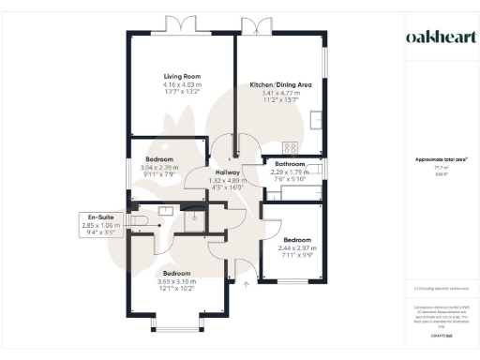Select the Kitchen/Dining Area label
point(280,85)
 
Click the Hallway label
point(230,172)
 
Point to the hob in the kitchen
point(290,147)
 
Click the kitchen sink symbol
point(320,120)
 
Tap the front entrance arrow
point(246,281)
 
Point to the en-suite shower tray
point(192,217)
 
